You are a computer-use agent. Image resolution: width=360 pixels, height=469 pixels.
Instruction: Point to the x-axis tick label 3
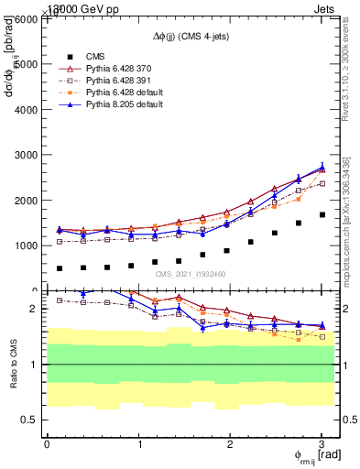322,443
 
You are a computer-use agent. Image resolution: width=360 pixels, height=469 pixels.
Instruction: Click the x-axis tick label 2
230,443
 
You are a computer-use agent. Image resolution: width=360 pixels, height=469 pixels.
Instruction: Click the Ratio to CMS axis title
13,364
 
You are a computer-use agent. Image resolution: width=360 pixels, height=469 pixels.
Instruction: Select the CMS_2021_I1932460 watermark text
191,274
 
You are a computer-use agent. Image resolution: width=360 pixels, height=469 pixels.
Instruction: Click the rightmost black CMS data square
322,215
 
